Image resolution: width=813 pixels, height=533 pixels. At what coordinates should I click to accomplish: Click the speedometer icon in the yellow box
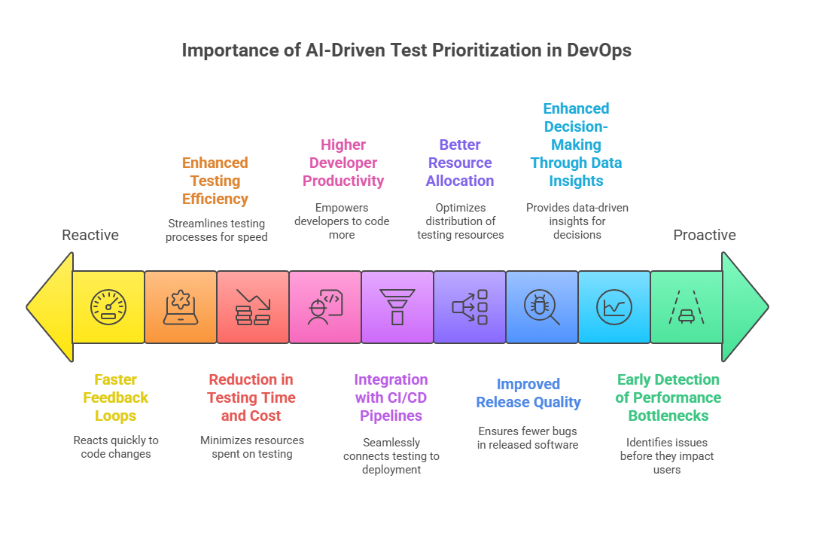[108, 307]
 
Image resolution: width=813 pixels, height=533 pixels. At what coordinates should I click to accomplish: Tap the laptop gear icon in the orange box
[181, 307]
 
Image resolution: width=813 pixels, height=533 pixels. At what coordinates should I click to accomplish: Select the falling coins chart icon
[253, 307]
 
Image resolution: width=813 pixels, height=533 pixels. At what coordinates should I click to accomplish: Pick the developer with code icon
[325, 307]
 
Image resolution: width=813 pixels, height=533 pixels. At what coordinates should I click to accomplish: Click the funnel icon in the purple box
[397, 307]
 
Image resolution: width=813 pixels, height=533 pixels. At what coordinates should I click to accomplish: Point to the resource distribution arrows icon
[470, 307]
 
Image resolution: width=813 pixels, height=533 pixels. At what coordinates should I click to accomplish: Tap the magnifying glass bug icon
[542, 307]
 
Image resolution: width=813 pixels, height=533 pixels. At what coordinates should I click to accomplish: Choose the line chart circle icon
[614, 307]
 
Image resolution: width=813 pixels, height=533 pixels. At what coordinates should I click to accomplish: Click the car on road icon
[686, 307]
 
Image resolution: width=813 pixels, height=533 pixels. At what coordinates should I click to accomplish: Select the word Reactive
[90, 235]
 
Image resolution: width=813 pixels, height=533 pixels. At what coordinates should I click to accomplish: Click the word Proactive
[705, 235]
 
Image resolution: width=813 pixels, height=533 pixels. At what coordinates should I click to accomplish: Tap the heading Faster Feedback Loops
[116, 397]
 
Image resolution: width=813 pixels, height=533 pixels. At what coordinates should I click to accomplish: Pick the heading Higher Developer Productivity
[343, 163]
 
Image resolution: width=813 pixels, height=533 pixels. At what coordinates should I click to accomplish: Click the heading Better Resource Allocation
[460, 163]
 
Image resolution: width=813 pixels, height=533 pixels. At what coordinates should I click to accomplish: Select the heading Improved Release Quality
[528, 393]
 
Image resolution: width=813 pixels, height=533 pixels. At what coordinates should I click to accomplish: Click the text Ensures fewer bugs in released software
[528, 438]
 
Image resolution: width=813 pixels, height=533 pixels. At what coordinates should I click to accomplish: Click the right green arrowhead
[744, 307]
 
